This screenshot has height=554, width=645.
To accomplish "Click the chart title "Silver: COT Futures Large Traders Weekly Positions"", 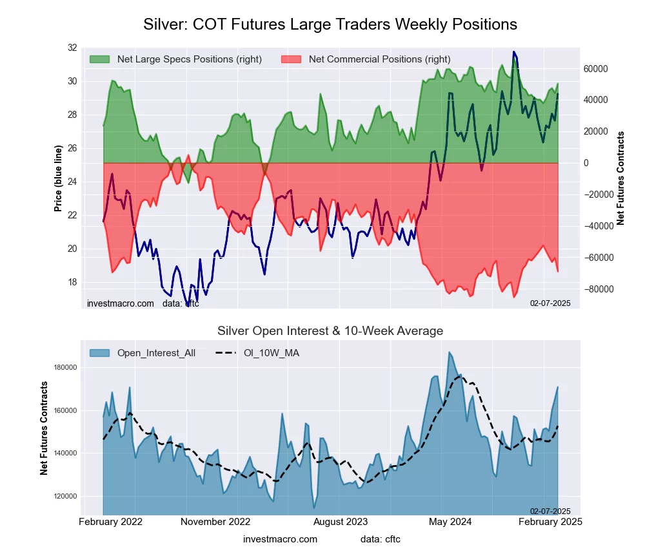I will point(330,24).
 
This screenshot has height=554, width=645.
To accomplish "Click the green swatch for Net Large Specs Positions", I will point(100,59).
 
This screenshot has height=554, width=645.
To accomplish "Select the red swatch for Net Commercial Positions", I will point(292,59).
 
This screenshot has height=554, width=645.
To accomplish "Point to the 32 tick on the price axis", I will point(72,48).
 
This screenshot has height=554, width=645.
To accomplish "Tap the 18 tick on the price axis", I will point(72,282).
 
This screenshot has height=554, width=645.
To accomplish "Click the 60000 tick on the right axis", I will point(596,69).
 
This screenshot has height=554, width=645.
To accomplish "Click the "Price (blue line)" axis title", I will point(58,178).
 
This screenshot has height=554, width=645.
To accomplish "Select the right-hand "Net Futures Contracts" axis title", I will point(620,178).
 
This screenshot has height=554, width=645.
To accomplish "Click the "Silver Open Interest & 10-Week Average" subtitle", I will point(330,331).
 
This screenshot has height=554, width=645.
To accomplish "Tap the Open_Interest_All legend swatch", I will point(100,352).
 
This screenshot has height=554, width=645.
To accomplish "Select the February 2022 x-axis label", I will point(110,522).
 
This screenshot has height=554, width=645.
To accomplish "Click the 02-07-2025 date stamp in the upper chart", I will point(550,303).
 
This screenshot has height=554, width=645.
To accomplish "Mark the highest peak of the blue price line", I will point(513,52).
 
